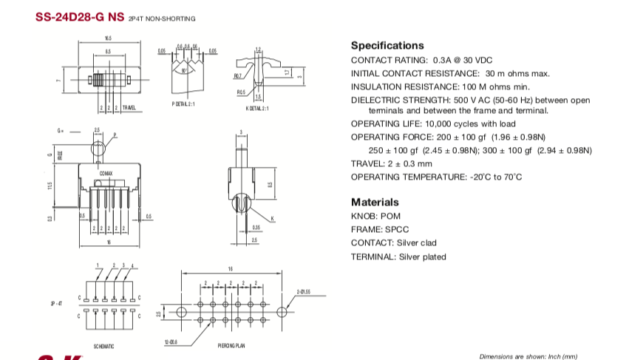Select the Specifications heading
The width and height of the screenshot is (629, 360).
pyautogui.click(x=387, y=45)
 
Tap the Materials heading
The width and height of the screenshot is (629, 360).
pyautogui.click(x=375, y=202)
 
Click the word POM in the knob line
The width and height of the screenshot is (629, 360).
pyautogui.click(x=391, y=216)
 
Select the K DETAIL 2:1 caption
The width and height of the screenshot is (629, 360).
pyautogui.click(x=257, y=108)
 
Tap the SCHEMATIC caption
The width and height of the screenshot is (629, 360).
pyautogui.click(x=103, y=346)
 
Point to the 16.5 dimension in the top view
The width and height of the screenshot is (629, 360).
pyautogui.click(x=108, y=38)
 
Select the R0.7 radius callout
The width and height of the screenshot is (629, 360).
pyautogui.click(x=238, y=76)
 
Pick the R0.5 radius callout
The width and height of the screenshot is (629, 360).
pyautogui.click(x=241, y=92)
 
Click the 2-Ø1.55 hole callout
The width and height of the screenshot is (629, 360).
pyautogui.click(x=303, y=291)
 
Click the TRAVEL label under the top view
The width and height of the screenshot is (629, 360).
pyautogui.click(x=129, y=108)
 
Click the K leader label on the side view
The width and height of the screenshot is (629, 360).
pyautogui.click(x=272, y=218)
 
